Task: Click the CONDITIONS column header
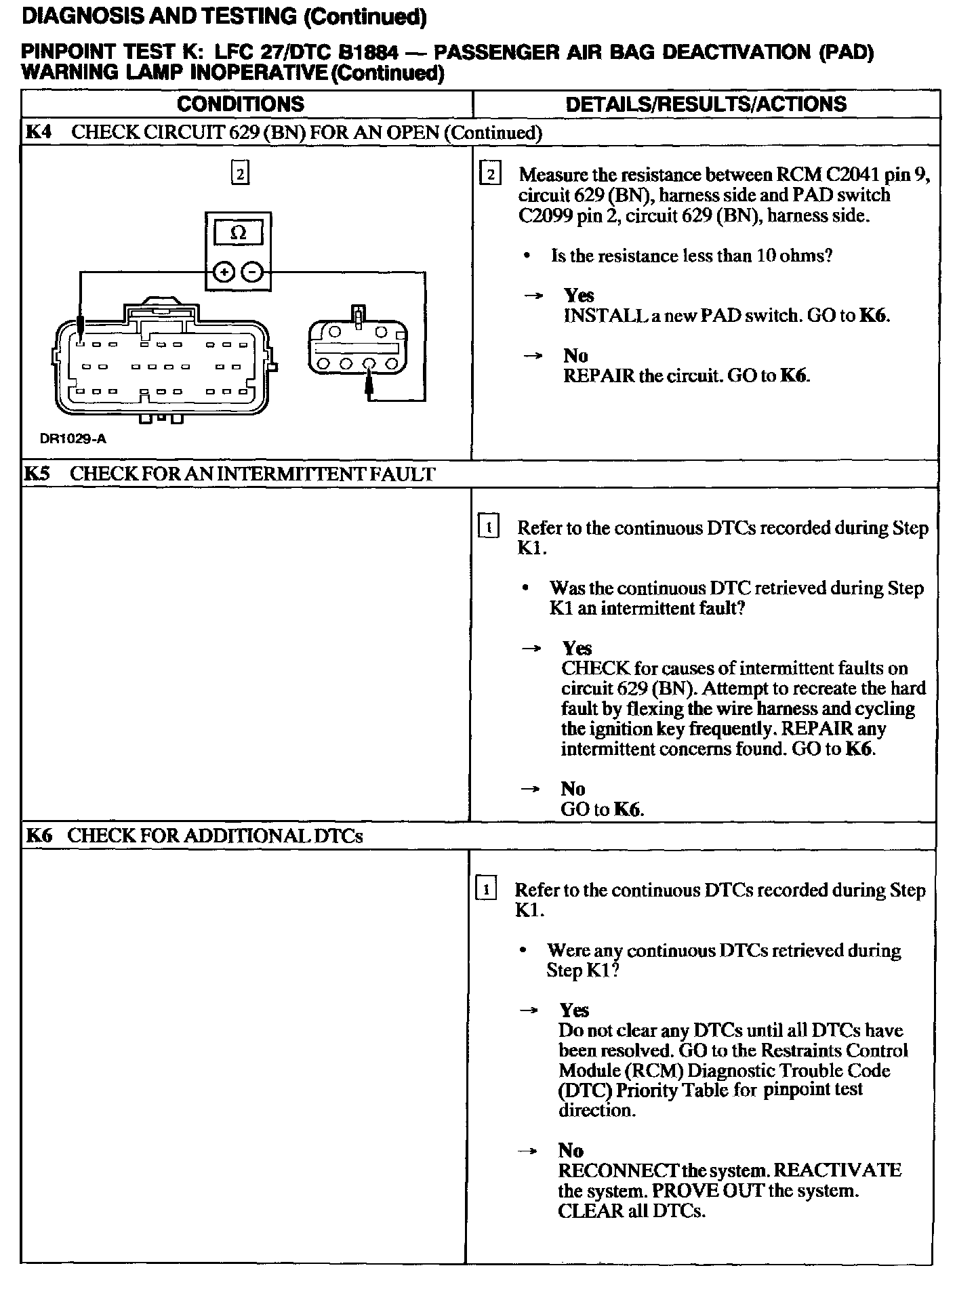tap(241, 104)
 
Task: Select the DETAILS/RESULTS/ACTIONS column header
tap(706, 104)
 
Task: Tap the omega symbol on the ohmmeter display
tap(238, 233)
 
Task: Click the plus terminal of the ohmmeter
tap(224, 272)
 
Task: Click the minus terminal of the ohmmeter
tap(252, 272)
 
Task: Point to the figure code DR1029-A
tap(73, 438)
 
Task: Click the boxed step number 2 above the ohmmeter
tap(240, 173)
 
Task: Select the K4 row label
tap(39, 132)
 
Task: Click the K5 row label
tap(37, 474)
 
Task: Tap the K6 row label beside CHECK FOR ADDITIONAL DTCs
tap(39, 836)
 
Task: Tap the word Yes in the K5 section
tap(577, 648)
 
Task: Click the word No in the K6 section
tap(571, 1150)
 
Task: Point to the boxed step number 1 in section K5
tap(489, 527)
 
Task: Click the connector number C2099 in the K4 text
tap(546, 216)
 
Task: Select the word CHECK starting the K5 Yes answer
tap(595, 668)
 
